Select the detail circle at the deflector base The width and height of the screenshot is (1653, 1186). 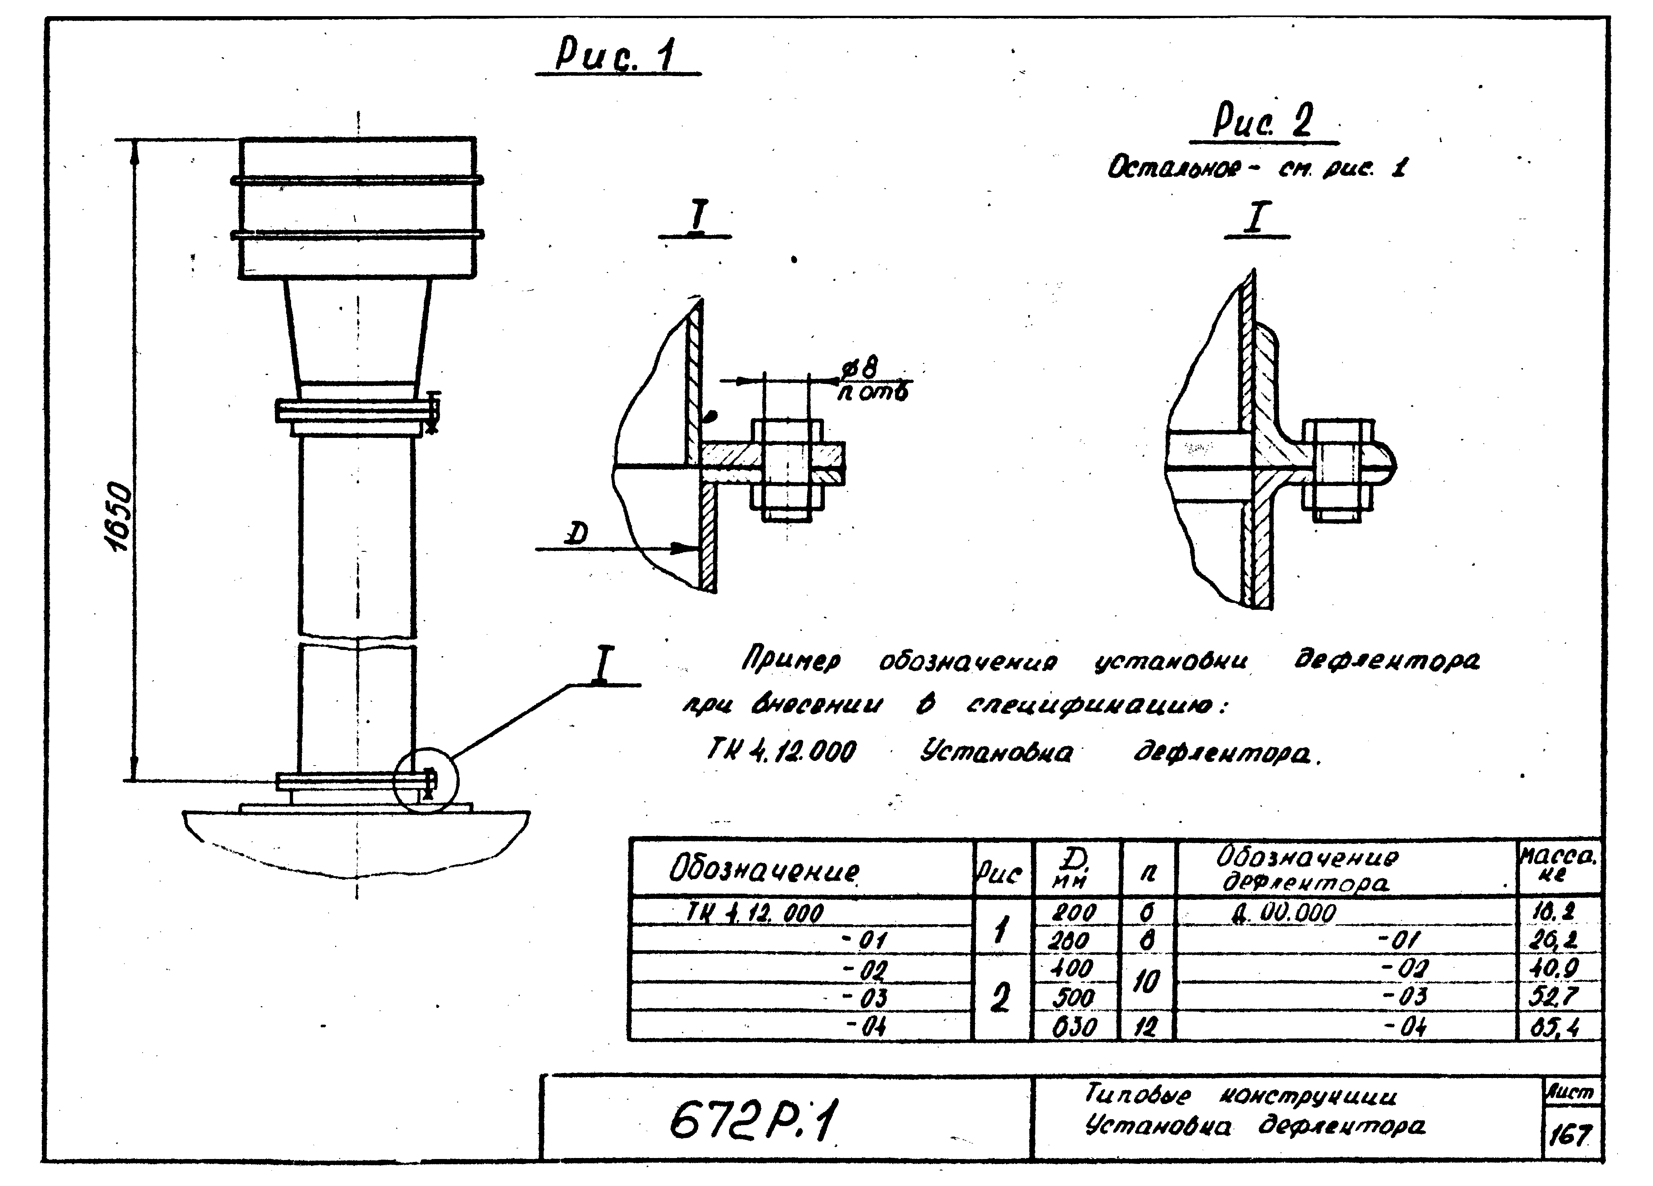coord(426,781)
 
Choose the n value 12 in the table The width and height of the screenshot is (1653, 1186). coord(1147,1027)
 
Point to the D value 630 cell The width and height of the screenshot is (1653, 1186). coord(1074,1027)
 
